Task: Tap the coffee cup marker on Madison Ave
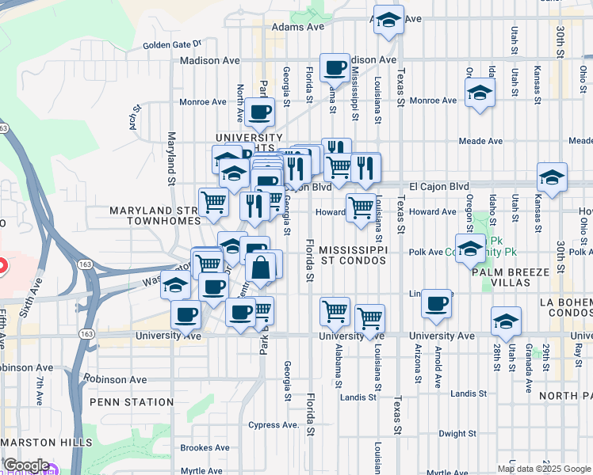click(x=335, y=67)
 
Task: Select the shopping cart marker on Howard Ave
click(x=361, y=208)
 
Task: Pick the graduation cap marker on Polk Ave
click(x=470, y=249)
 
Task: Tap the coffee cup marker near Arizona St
click(x=436, y=304)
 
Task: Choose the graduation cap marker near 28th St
click(x=506, y=321)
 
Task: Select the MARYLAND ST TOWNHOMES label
click(x=153, y=215)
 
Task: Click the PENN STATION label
click(x=131, y=402)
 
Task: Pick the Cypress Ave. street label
click(x=274, y=424)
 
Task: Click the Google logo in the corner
click(x=26, y=465)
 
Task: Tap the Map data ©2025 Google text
click(x=543, y=468)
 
